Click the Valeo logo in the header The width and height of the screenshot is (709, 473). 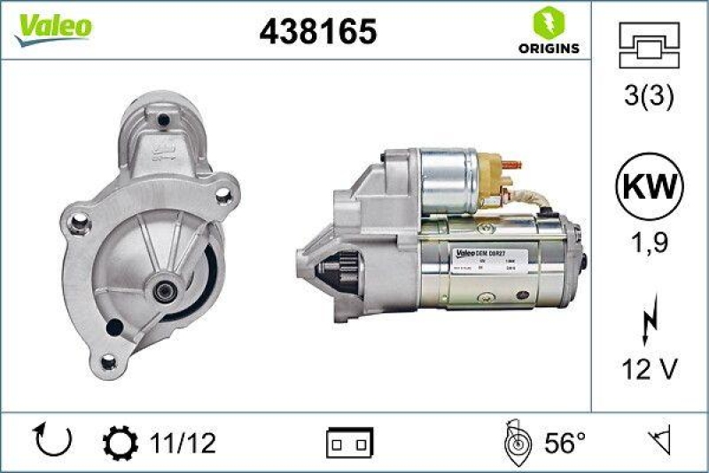click(x=51, y=27)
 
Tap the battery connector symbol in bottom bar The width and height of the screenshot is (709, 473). click(x=350, y=441)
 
